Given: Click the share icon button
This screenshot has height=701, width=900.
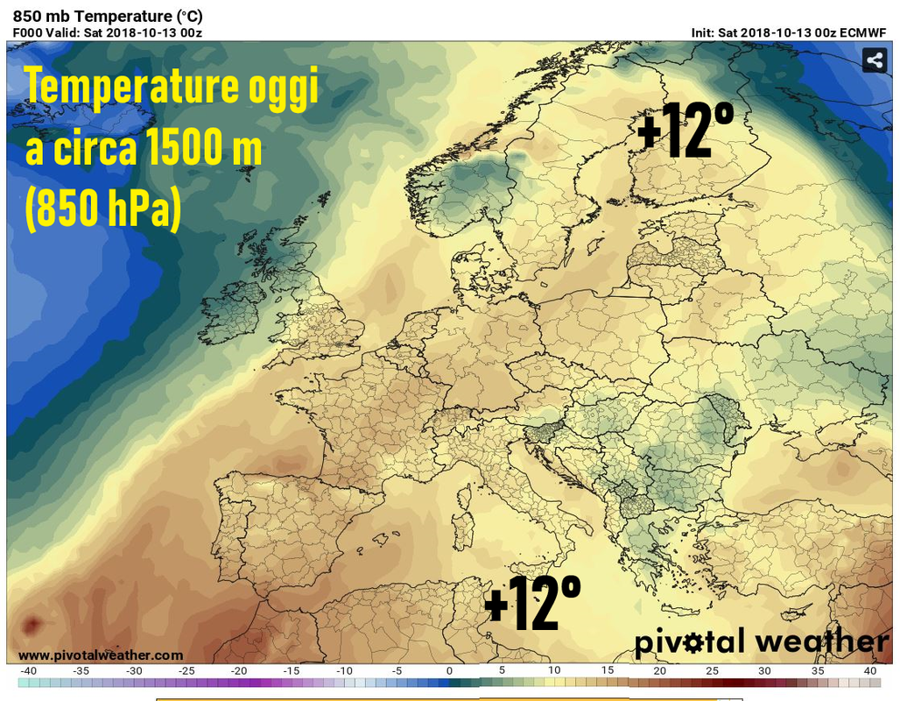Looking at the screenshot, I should point(875,60).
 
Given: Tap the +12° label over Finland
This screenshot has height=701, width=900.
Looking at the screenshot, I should point(686,131).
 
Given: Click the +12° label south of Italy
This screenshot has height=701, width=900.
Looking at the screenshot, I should point(532,604).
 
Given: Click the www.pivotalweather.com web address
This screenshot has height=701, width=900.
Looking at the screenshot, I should point(101,655).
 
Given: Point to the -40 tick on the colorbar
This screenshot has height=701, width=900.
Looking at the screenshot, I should point(28,671).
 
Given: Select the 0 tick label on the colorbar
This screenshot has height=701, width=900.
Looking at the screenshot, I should point(449,671).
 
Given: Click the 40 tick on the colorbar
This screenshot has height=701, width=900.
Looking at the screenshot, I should point(870,671).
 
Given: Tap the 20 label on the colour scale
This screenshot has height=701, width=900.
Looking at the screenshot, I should point(659,671).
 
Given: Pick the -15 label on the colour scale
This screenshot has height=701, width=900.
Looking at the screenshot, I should point(291,671).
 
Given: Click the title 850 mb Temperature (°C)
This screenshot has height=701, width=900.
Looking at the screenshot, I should point(108,16).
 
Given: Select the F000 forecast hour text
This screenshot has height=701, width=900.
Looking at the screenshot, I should point(28,32).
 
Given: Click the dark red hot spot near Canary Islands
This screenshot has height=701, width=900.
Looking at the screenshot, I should point(32,625).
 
